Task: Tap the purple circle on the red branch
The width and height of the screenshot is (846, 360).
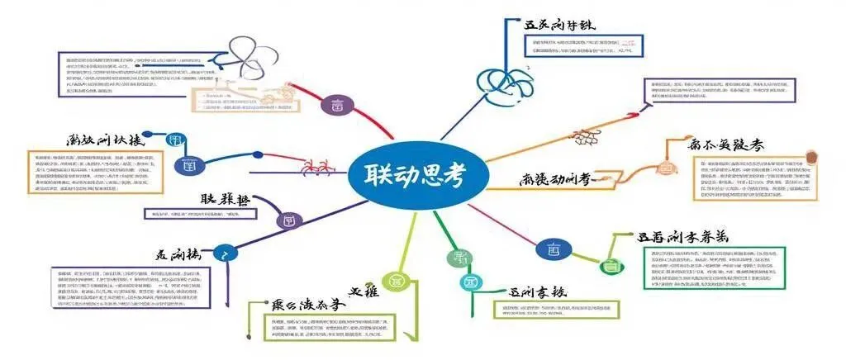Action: [x=337, y=106]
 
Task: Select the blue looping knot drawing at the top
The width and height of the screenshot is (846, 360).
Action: [x=502, y=83]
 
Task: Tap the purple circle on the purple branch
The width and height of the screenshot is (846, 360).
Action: [x=288, y=220]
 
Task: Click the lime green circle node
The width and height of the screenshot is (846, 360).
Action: [x=396, y=279]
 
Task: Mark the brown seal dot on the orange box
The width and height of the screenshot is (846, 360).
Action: [x=810, y=156]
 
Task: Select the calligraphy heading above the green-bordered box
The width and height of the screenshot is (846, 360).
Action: [x=682, y=237]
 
